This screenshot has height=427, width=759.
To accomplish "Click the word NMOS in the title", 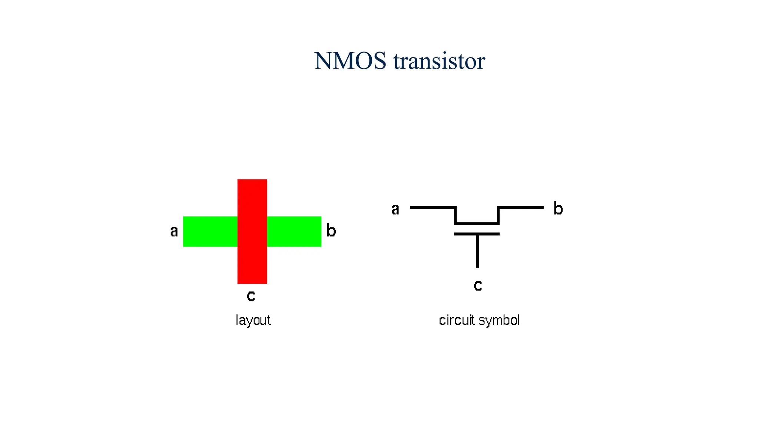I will tap(350, 61).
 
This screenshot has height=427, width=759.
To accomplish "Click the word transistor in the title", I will tap(439, 61).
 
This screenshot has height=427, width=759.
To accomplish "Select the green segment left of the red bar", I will tap(210, 232).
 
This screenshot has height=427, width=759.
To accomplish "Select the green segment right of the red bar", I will tap(294, 232).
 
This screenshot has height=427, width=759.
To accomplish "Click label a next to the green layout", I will tap(174, 231).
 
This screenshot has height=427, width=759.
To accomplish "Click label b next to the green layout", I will tap(331, 231).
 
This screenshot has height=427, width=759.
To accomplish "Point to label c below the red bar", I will tap(251, 296).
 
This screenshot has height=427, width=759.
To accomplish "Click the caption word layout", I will tap(253, 320).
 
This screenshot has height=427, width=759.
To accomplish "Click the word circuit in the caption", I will tap(457, 320).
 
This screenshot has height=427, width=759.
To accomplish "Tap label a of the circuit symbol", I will tap(395, 209).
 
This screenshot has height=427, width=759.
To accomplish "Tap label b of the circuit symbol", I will tap(558, 208).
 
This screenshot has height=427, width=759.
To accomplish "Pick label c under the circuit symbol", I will tap(478, 285).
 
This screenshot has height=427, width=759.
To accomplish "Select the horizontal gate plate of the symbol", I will tap(477, 234).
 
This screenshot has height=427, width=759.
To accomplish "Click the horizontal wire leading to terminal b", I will tap(521, 207).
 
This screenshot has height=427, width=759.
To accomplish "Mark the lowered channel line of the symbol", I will tap(477, 224).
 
